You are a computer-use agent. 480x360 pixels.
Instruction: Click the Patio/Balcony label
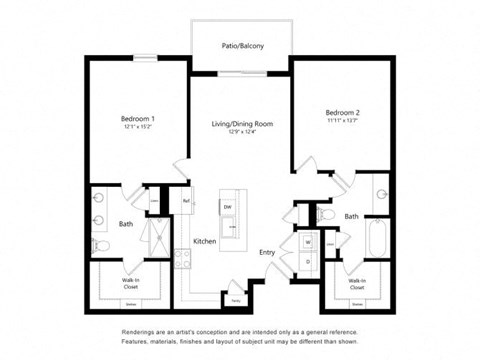240,45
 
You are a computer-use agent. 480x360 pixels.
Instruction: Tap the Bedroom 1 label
137,119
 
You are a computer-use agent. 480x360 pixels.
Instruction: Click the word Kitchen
204,241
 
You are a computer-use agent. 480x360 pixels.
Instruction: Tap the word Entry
267,252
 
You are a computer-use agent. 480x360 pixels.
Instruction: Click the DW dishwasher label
228,207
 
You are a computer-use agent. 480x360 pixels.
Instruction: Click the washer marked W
307,241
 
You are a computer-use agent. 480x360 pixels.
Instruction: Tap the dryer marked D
307,261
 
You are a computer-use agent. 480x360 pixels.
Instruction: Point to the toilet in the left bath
97,245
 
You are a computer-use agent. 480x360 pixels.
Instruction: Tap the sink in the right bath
382,196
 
